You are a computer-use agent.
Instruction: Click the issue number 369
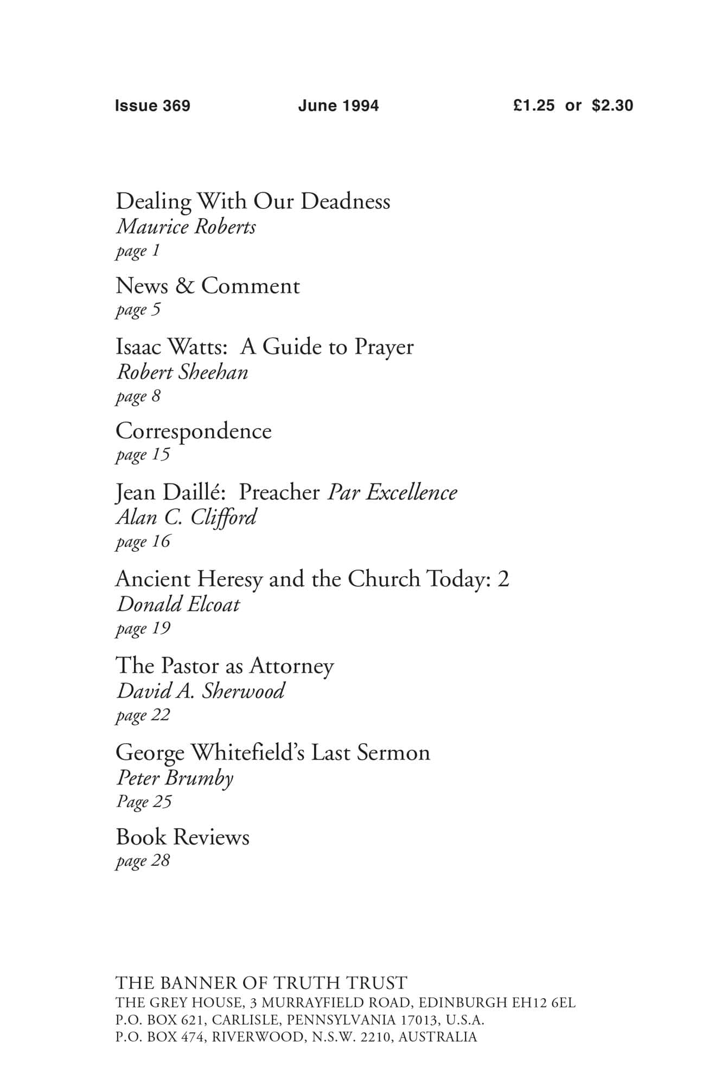coord(176,105)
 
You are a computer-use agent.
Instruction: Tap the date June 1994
coord(338,105)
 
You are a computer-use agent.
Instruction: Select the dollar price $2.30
coord(612,105)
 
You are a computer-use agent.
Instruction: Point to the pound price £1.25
coord(534,105)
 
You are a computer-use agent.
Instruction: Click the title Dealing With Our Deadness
coord(253,201)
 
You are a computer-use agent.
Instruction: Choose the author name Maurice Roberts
coord(186,227)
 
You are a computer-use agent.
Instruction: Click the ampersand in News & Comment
coord(184,286)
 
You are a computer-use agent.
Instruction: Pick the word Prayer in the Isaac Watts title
coord(384,347)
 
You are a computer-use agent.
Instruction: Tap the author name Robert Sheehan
coord(182,372)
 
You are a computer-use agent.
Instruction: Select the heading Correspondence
coord(194,431)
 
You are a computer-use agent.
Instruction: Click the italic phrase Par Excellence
coord(392,492)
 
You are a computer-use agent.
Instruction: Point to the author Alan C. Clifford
coord(186,518)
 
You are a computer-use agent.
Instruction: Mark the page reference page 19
coord(143,628)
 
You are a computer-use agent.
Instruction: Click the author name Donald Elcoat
coord(178,604)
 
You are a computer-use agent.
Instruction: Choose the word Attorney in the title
coord(291,666)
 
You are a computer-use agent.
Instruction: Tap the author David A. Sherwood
coord(200,691)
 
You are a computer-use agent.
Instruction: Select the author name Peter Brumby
coord(175,778)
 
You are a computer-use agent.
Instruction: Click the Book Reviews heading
coord(182,837)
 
